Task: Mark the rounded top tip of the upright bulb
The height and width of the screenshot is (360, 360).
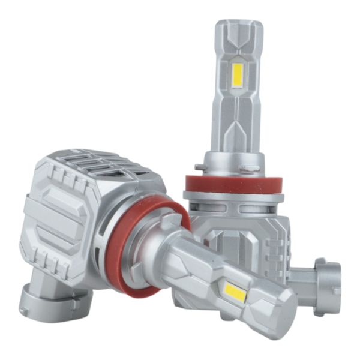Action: tap(239, 26)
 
